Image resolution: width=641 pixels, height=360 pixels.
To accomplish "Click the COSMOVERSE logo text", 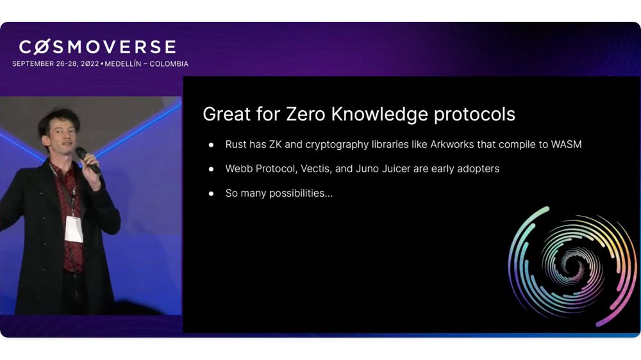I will coord(97,47).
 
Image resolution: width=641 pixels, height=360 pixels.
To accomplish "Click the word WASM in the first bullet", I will coord(566,145).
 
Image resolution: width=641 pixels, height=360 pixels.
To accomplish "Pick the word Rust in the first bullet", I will coord(236,145).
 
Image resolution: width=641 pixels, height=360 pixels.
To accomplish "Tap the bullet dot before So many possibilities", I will coord(211,193).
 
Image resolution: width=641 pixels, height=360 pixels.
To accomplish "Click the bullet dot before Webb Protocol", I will coord(211,169).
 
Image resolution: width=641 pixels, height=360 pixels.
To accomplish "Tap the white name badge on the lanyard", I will coord(74,229).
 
